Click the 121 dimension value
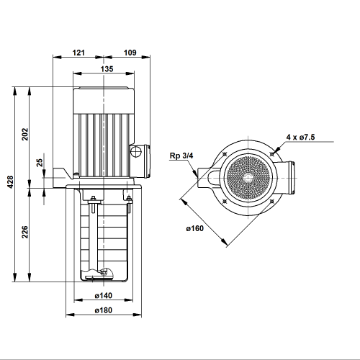[78, 53]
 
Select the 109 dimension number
[130, 53]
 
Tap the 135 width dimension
[107, 69]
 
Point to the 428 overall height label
[10, 182]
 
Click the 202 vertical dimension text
[25, 134]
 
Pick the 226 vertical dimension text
[25, 232]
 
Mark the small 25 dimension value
[40, 163]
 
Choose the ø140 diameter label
[104, 295]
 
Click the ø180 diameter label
[104, 310]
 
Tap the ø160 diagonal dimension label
[194, 228]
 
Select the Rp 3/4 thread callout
[181, 156]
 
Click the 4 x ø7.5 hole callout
[300, 137]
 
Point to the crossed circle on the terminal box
[136, 151]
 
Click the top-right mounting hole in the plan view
[272, 154]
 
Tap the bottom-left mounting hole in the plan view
[225, 201]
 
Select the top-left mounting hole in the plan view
[225, 154]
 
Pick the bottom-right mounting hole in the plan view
[272, 201]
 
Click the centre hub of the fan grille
[248, 178]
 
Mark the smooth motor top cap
[104, 100]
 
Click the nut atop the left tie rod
[93, 198]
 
